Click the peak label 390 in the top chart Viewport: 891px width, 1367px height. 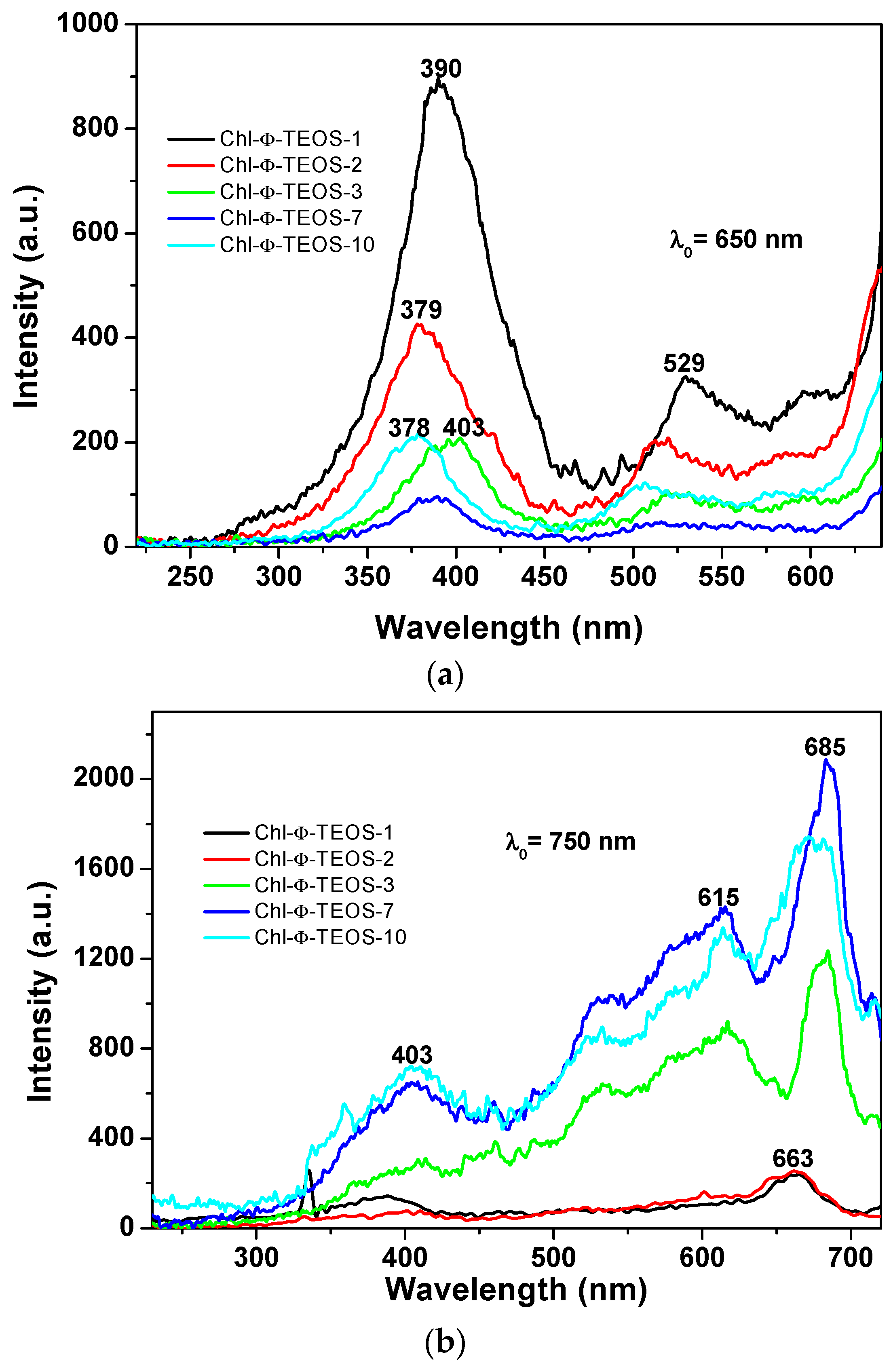pyautogui.click(x=441, y=69)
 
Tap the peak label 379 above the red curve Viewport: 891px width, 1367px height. pyautogui.click(x=421, y=310)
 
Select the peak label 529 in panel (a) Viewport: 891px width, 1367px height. pyautogui.click(x=684, y=363)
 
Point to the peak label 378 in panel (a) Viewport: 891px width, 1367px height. pyautogui.click(x=409, y=428)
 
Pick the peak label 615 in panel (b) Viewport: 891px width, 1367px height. pyautogui.click(x=718, y=897)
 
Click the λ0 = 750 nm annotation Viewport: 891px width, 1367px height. pyautogui.click(x=570, y=842)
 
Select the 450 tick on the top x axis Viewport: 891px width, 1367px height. pyautogui.click(x=544, y=576)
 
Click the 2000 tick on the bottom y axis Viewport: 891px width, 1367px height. pyautogui.click(x=103, y=778)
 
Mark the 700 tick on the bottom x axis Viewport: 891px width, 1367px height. pyautogui.click(x=850, y=1258)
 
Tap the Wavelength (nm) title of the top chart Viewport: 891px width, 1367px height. pyautogui.click(x=509, y=627)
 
